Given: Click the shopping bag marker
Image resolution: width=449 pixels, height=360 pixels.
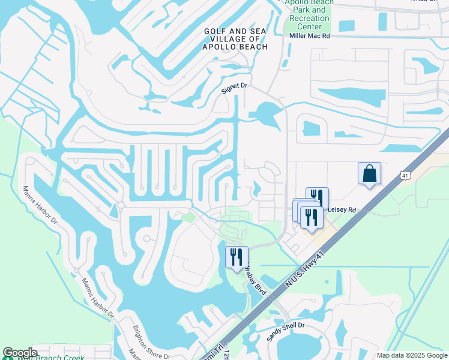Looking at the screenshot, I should pos(369,173).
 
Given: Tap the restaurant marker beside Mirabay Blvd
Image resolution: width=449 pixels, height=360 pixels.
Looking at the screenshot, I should pos(235,257).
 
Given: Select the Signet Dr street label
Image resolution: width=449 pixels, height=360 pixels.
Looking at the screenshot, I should pos(235,86).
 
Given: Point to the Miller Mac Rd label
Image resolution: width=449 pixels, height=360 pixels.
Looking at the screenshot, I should pos(310,36).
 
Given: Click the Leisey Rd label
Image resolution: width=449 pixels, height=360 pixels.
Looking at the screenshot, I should pos(342,210).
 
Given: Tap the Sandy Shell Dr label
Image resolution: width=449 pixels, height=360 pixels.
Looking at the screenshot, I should pos(286,331).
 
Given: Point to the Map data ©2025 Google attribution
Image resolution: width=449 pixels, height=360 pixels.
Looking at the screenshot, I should pos(412,355).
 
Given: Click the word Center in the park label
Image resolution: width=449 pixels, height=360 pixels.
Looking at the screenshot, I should pos(310,26).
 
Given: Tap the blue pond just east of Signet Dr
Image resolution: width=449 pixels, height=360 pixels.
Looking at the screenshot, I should pos(265,113).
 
